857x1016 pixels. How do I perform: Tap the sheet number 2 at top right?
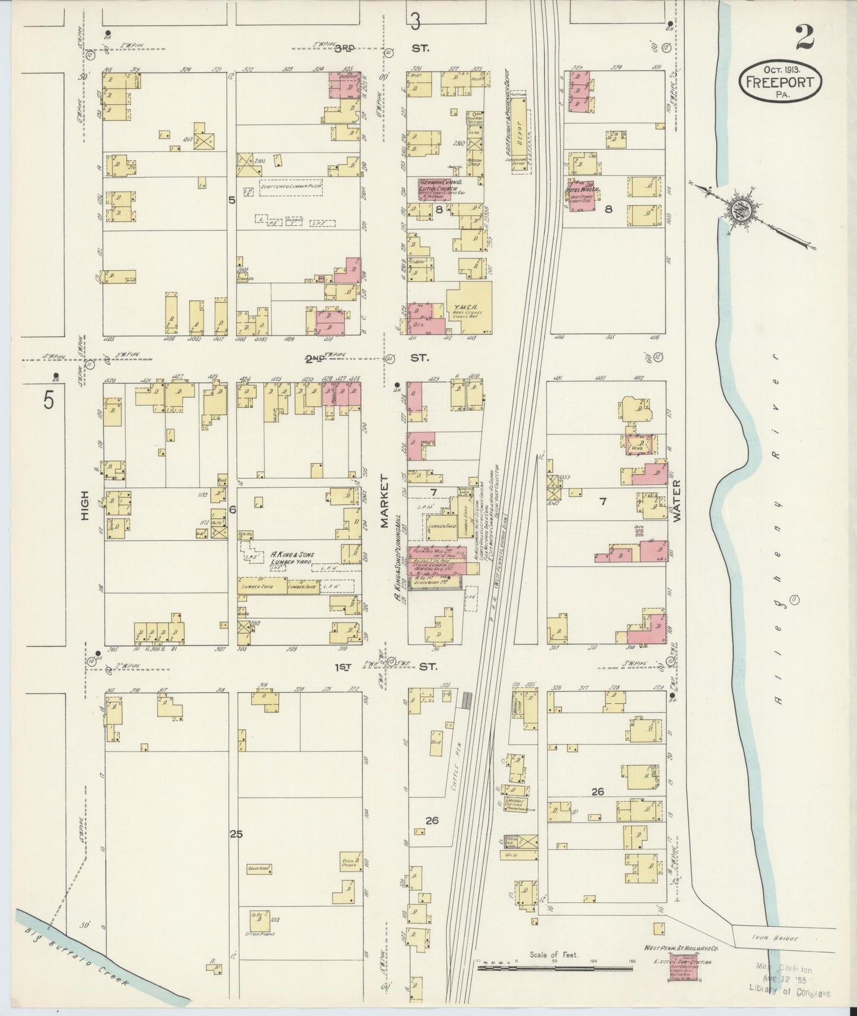805,38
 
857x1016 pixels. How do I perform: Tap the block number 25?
237,834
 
